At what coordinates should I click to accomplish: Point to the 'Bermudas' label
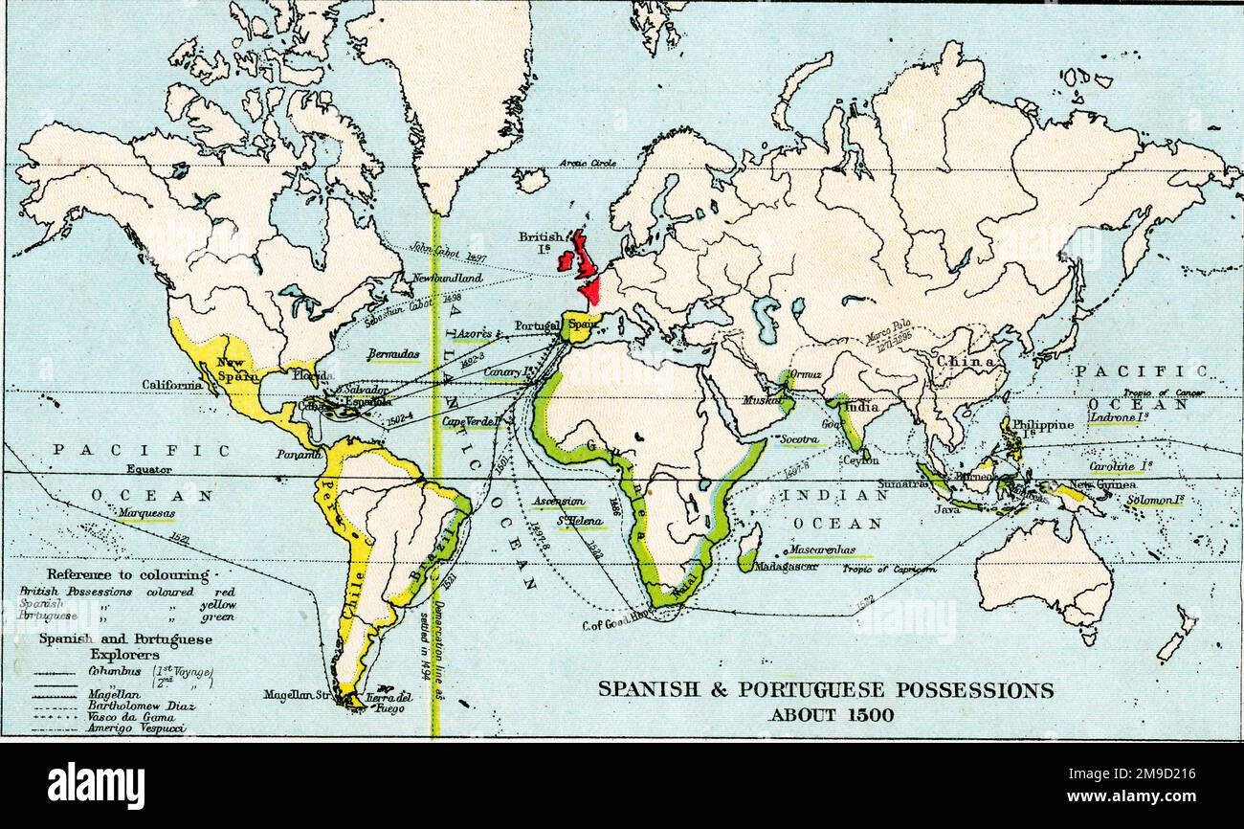coord(392,354)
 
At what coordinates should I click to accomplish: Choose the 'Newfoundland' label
coord(447,279)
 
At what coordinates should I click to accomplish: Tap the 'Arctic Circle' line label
coord(588,164)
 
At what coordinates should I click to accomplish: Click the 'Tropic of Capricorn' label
coord(889,569)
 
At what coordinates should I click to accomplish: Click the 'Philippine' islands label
coord(1041,425)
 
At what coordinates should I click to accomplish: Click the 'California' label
coord(172,385)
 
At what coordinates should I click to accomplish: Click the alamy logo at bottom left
coord(96,786)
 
